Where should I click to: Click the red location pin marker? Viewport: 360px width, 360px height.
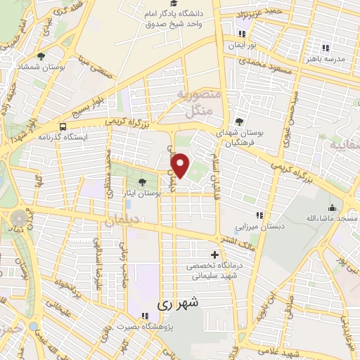(x=181, y=165)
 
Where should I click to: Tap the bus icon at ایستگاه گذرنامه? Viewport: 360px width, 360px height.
(x=63, y=127)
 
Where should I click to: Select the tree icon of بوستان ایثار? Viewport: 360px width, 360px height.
(x=143, y=182)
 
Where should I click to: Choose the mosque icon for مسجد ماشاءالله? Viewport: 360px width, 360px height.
(x=331, y=209)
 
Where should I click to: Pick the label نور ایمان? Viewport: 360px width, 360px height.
(x=242, y=45)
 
